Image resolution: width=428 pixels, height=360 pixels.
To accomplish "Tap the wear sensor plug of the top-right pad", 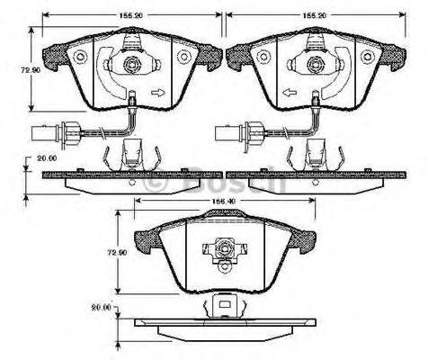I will (x=228, y=137).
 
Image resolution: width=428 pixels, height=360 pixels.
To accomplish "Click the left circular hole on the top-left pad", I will (x=78, y=57).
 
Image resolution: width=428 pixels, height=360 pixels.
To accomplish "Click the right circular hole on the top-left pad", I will (x=184, y=57).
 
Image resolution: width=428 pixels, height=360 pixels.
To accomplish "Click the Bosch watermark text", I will (x=213, y=180).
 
